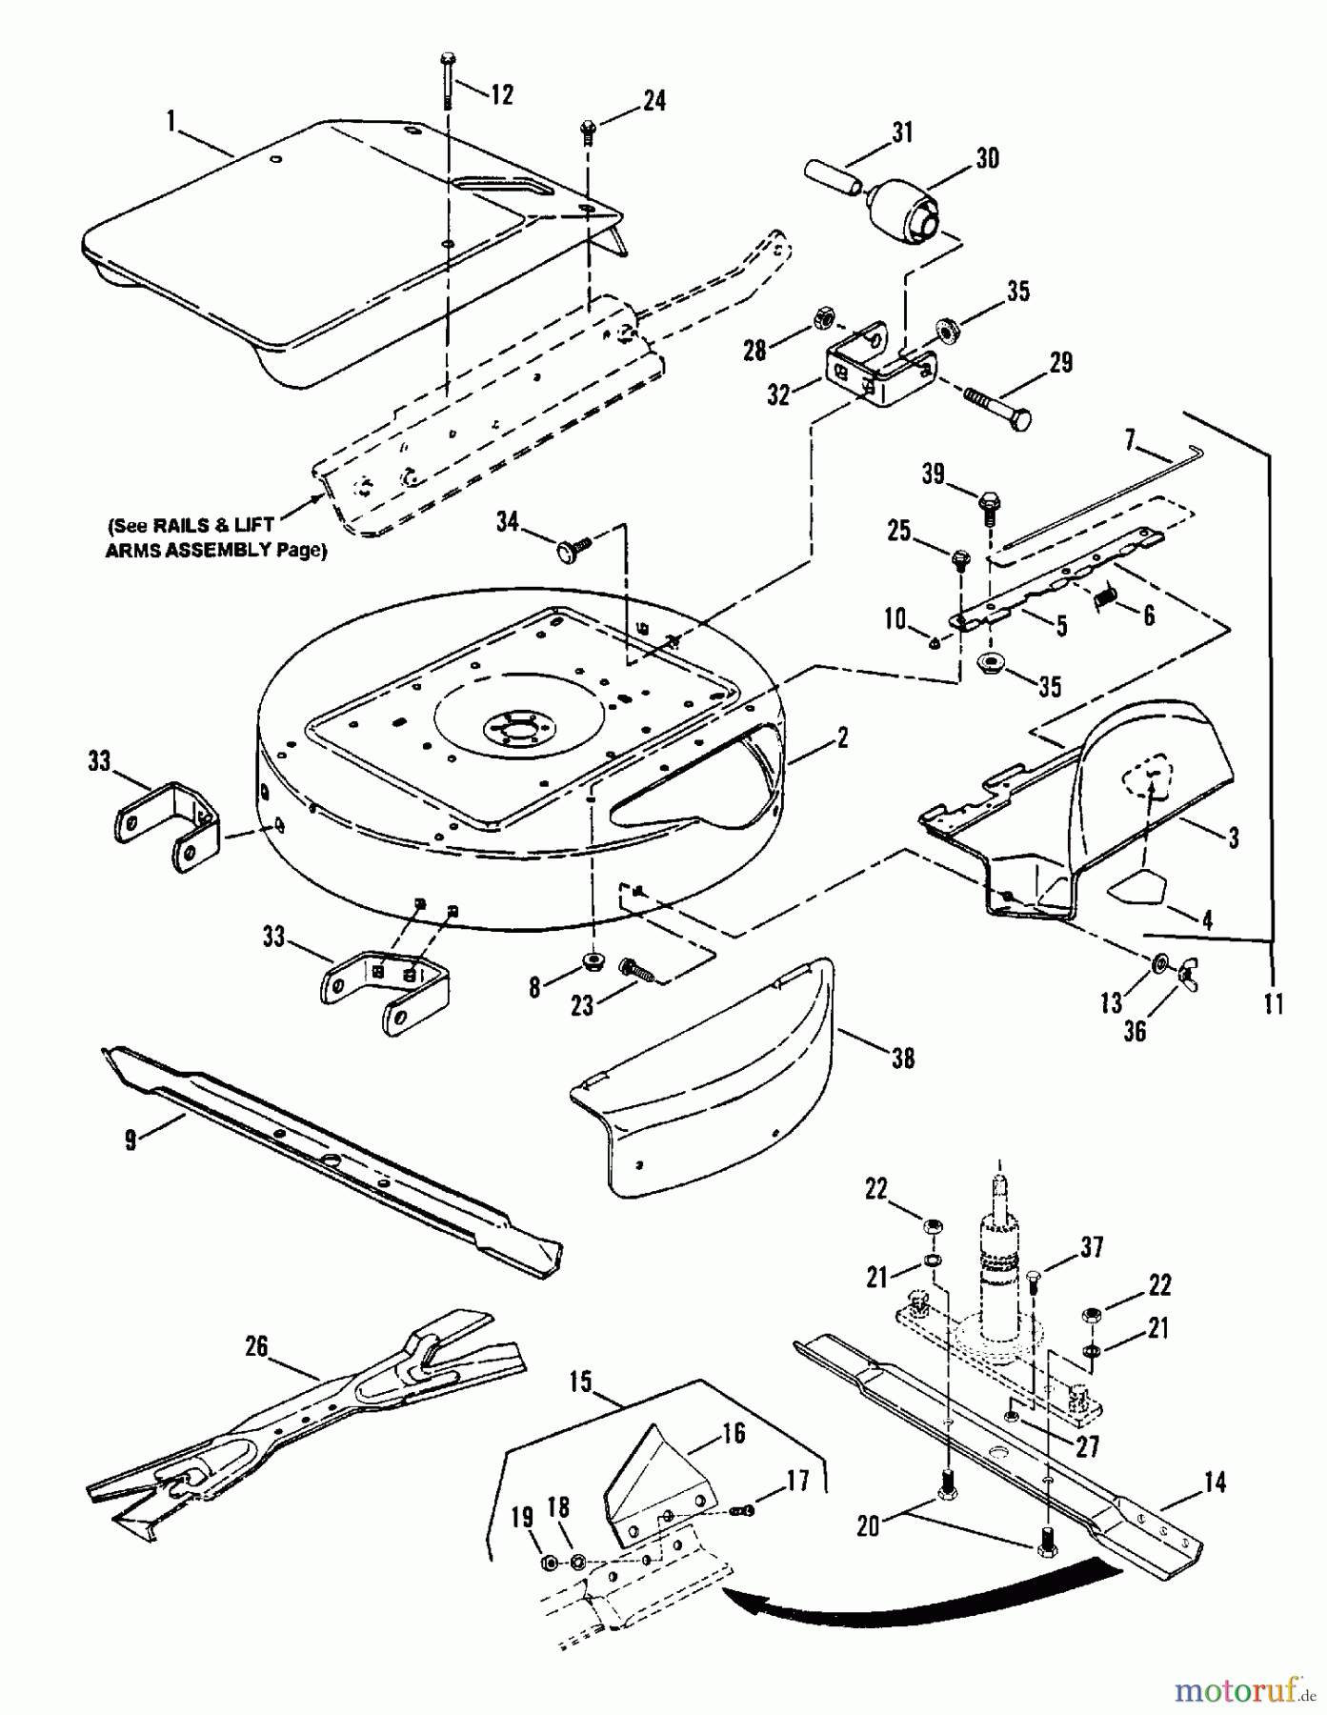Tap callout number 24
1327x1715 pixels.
[653, 100]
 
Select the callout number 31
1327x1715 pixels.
[901, 132]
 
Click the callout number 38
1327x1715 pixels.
[901, 1058]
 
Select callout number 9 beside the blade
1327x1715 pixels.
[131, 1139]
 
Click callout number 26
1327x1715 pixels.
[256, 1346]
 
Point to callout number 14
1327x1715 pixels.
[1215, 1483]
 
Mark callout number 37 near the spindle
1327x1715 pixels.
[1092, 1246]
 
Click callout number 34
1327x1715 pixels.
[508, 521]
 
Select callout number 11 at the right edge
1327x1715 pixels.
[1274, 1003]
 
